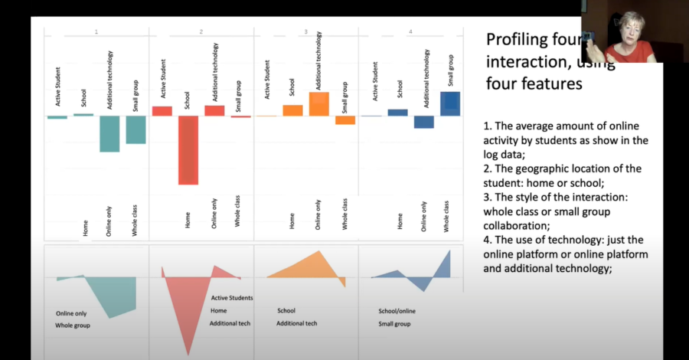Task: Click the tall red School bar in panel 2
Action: [188, 149]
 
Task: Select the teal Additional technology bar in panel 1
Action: [109, 133]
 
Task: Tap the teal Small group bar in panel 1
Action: [136, 129]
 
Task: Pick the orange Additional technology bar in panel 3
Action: [319, 104]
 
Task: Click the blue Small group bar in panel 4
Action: [450, 103]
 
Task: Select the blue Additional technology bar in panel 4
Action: [424, 122]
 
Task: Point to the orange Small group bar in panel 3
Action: [345, 120]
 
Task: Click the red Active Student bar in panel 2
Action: [162, 111]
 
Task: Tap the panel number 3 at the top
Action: [306, 31]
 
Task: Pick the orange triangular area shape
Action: [314, 268]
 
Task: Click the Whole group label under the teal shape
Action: [73, 326]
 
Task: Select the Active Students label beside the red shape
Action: [232, 297]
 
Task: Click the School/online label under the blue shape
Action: [399, 311]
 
